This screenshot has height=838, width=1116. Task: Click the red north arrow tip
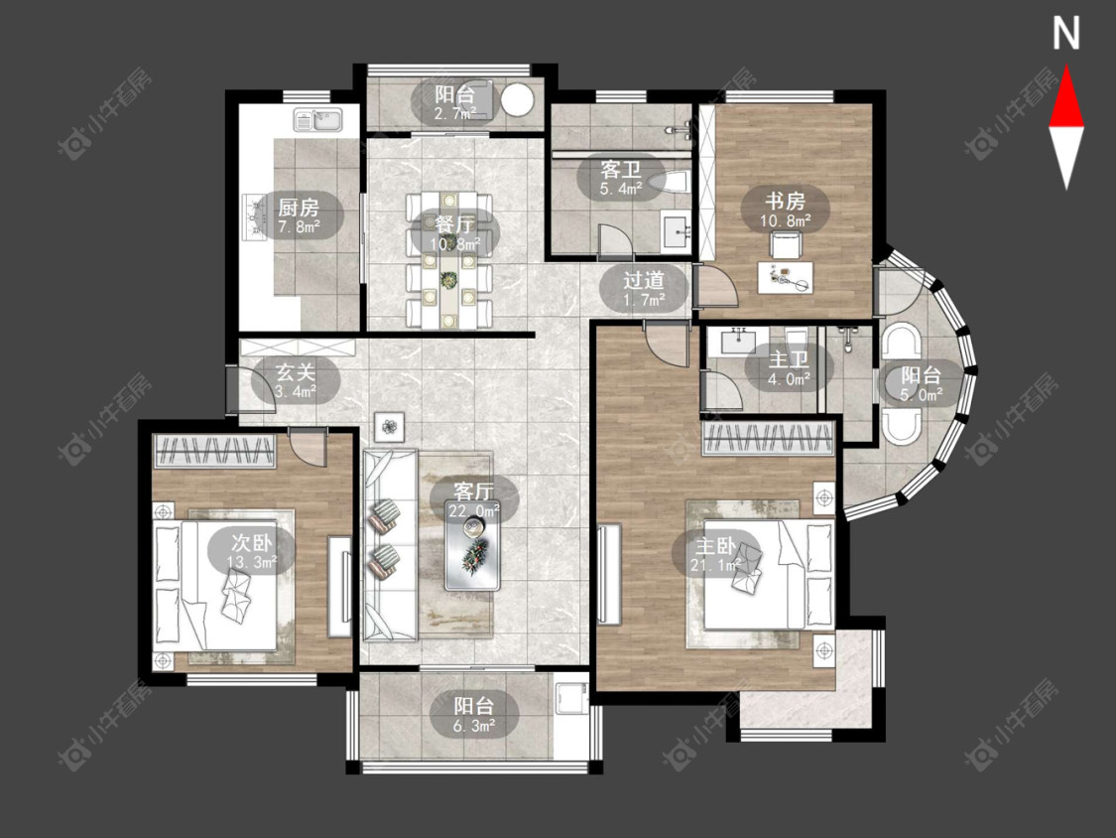(x=1066, y=67)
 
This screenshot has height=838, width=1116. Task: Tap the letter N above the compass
(x=1066, y=34)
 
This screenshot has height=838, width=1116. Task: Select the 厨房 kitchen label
(x=299, y=208)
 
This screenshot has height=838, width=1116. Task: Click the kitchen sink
(x=318, y=120)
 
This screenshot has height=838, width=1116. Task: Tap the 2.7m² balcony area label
(x=456, y=113)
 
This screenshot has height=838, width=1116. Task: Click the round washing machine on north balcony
(x=517, y=99)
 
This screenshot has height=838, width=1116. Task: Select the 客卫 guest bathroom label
(x=621, y=170)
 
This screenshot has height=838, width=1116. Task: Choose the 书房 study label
(x=785, y=201)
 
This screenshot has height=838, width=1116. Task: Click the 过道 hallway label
(x=644, y=279)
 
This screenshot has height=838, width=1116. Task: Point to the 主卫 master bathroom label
(x=789, y=359)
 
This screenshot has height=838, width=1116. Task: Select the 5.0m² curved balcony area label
(x=922, y=394)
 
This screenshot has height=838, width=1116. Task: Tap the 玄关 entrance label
(x=296, y=371)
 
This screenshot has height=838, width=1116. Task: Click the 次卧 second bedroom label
(x=252, y=543)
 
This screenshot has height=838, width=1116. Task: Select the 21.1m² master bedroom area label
(x=715, y=566)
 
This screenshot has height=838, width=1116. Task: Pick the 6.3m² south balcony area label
(x=475, y=726)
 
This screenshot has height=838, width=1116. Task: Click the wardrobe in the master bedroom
(x=768, y=438)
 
